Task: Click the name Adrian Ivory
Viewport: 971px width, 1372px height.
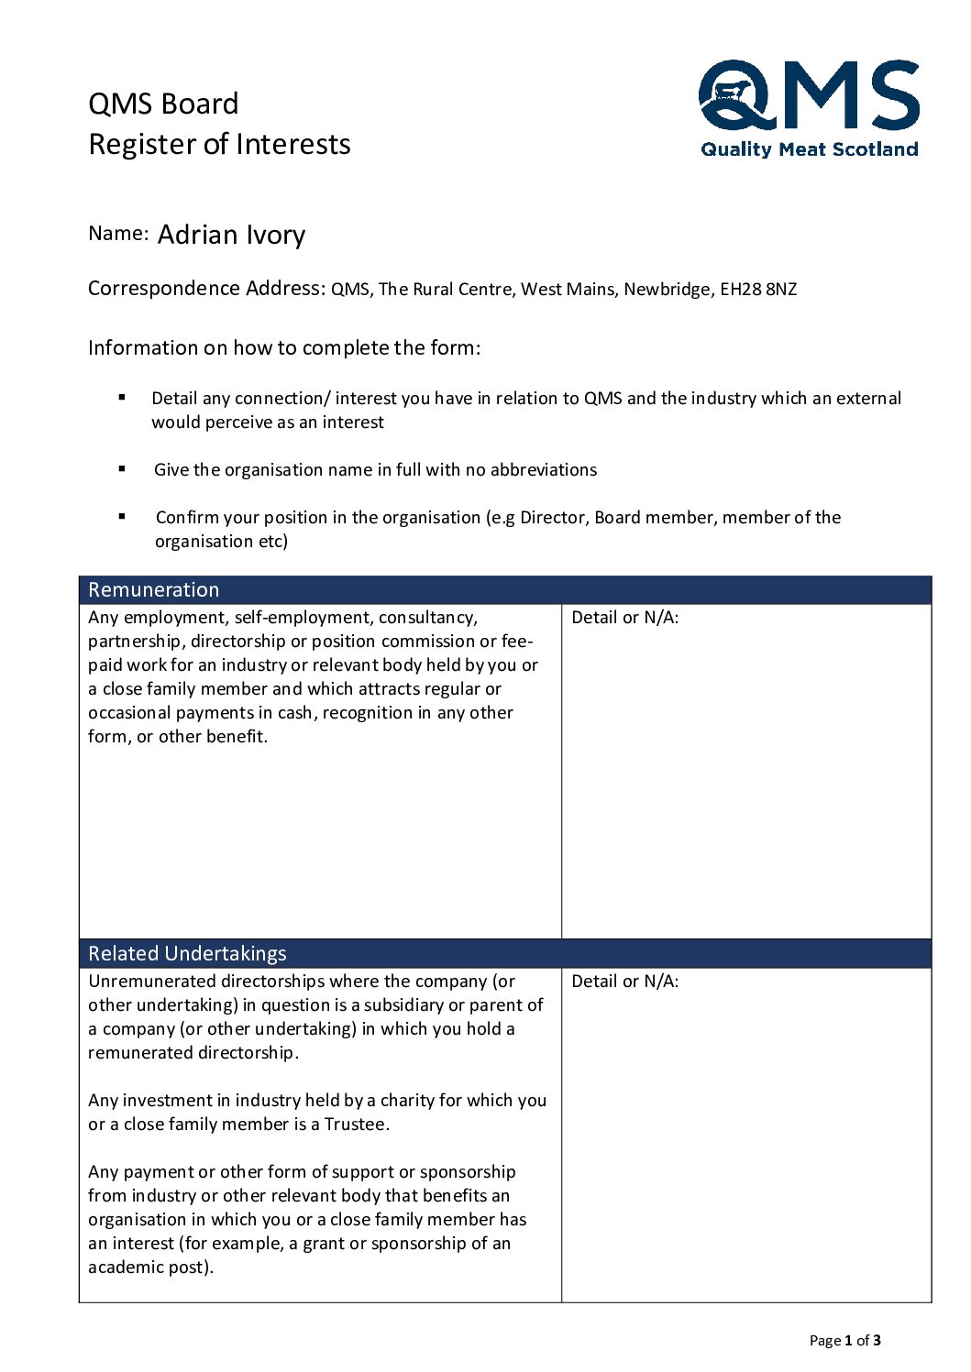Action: coord(231,236)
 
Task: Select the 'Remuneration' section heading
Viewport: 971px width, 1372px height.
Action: coord(154,590)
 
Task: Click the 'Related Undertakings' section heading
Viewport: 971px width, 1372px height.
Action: coord(187,954)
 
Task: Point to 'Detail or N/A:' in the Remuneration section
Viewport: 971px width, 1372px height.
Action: coord(624,618)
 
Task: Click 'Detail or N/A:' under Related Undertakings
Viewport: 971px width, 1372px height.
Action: coord(624,982)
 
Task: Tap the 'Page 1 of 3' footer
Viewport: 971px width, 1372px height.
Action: coord(844,1341)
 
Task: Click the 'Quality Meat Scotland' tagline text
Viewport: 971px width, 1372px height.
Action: coord(809,149)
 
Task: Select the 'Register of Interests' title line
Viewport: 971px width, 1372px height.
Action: coord(219,145)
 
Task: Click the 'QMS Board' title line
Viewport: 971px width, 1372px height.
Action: coord(163,104)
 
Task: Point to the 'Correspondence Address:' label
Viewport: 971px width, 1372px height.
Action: coord(206,289)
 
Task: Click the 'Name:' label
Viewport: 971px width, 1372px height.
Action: coord(118,234)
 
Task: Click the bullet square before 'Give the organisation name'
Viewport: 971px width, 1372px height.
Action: coord(122,468)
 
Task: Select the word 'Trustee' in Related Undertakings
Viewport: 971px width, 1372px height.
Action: coord(355,1125)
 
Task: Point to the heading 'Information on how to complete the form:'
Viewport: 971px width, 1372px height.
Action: coord(284,348)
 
